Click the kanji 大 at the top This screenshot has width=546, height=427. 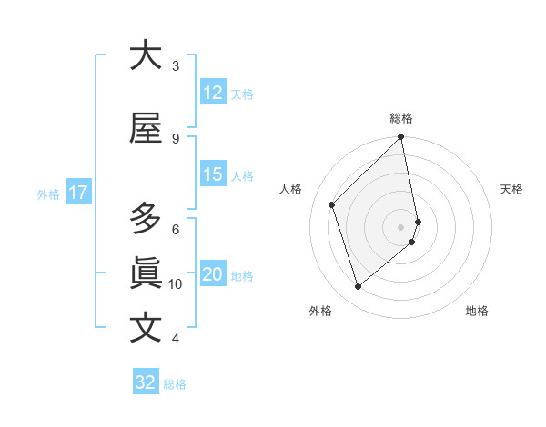click(x=146, y=55)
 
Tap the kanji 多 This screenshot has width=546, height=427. click(x=146, y=219)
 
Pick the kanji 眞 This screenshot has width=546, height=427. click(x=146, y=273)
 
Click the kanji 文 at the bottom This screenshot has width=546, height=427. click(x=146, y=329)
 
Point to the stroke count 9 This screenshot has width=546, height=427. click(x=176, y=138)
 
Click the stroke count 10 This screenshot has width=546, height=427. click(x=176, y=283)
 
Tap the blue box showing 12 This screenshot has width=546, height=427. click(x=212, y=93)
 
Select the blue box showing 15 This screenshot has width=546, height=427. click(x=212, y=174)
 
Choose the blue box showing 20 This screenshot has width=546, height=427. click(x=212, y=275)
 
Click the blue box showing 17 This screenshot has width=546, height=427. click(x=77, y=193)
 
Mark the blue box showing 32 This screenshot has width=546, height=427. click(x=145, y=382)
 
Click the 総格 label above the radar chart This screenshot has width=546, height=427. click(x=401, y=118)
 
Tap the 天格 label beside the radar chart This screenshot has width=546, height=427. click(x=512, y=189)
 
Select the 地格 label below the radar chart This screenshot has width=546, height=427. click(x=477, y=311)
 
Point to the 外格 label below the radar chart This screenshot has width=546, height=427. click(x=320, y=311)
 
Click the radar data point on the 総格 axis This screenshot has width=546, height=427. click(x=400, y=137)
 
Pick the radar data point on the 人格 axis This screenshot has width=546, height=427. click(x=332, y=204)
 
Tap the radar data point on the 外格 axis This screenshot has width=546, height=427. click(x=358, y=286)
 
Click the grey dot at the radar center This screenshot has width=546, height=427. click(x=400, y=226)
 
